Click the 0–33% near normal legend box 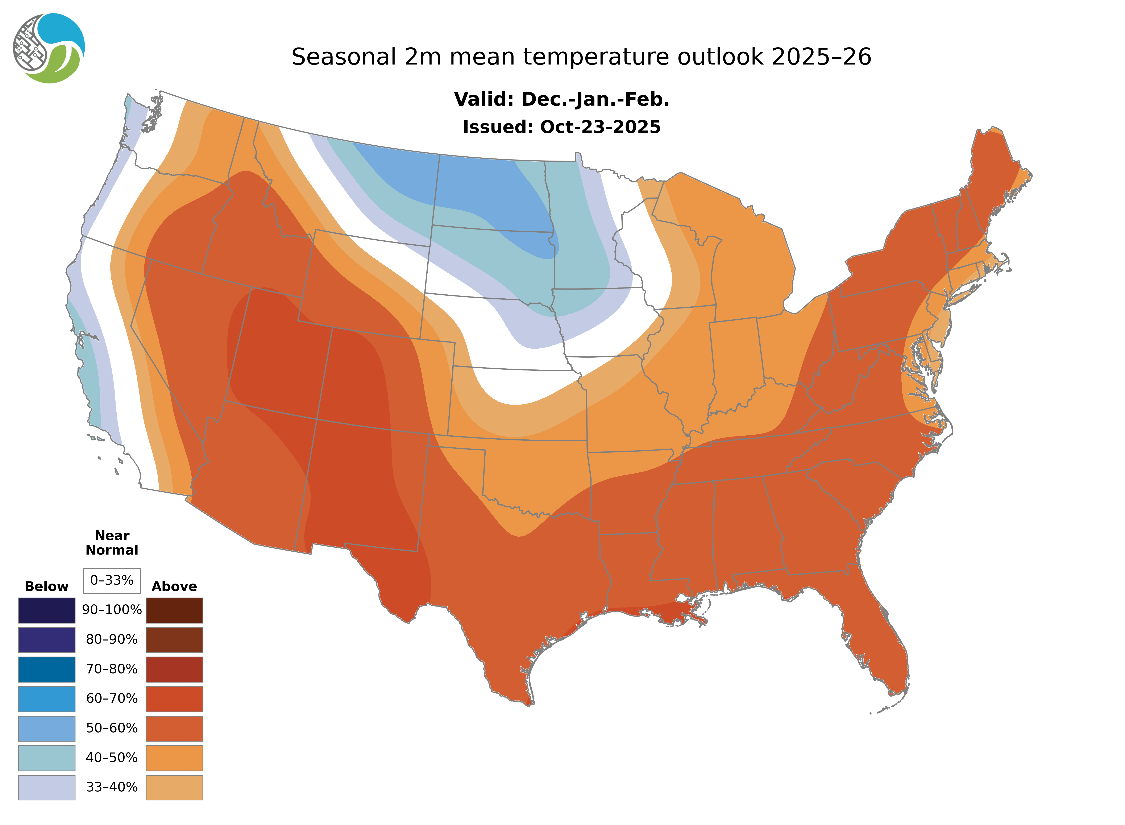click(x=112, y=580)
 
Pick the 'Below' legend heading click(x=46, y=586)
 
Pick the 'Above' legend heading click(x=174, y=586)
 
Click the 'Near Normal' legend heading click(x=112, y=543)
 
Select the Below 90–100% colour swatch click(x=46, y=610)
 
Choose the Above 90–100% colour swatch click(x=174, y=610)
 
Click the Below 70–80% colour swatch click(x=46, y=669)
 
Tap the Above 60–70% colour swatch click(x=174, y=699)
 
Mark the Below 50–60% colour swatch click(x=46, y=728)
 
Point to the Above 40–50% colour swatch click(x=174, y=758)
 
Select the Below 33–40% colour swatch click(x=46, y=787)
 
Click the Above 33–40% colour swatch click(x=174, y=787)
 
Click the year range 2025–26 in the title click(x=821, y=57)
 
